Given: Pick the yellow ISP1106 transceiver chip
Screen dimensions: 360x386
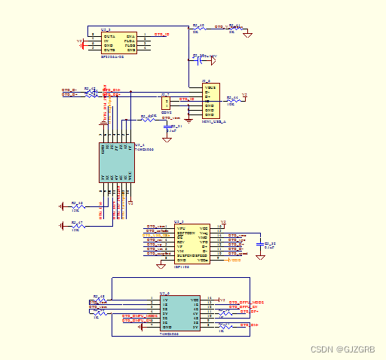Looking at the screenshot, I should (192, 243).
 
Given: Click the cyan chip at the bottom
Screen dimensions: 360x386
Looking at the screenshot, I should (180, 313).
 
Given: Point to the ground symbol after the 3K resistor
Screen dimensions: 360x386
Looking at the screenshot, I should (247, 34).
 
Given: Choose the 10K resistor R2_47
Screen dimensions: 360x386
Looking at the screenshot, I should (76, 225).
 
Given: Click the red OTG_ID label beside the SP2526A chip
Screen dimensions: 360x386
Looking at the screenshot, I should (161, 35).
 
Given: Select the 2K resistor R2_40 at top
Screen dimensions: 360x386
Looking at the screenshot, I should (197, 28).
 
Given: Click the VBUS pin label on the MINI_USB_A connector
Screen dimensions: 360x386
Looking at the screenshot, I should (213, 88).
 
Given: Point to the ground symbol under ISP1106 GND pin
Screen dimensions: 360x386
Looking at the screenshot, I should (160, 265).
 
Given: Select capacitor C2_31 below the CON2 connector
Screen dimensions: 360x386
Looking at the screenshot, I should (167, 127).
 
